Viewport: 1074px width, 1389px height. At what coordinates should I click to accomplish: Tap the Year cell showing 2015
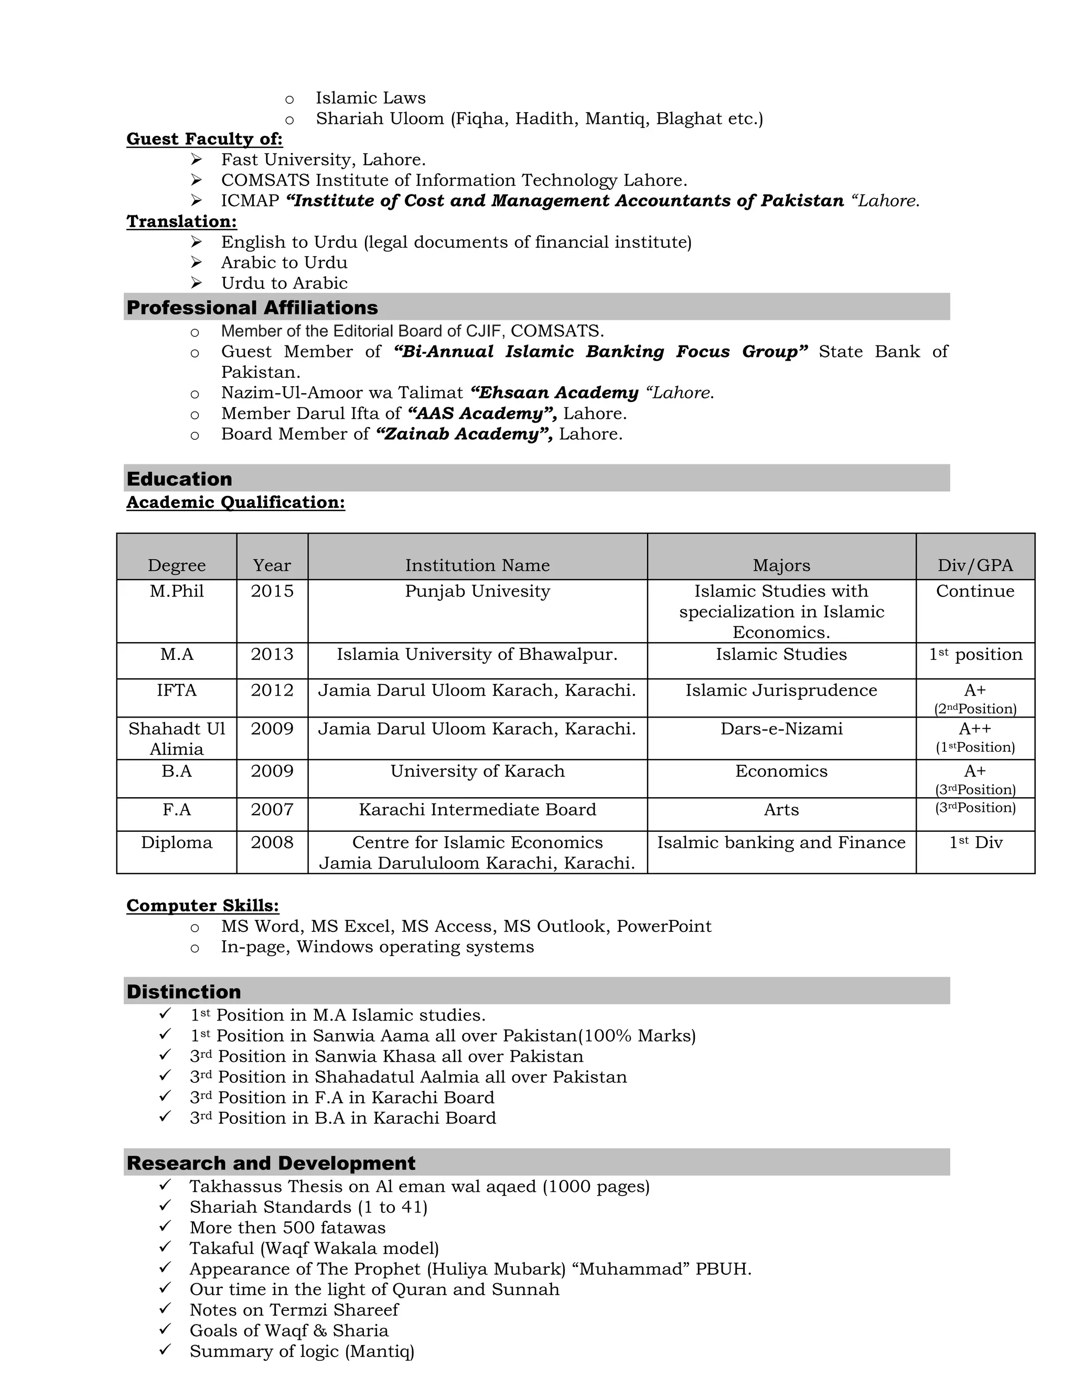[272, 591]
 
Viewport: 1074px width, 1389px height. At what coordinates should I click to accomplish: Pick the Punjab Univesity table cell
[477, 591]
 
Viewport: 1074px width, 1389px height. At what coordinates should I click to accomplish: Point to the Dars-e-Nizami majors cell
[781, 729]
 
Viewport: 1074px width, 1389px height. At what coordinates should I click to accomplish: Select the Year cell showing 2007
[272, 810]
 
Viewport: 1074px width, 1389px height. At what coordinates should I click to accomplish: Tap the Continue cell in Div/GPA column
[975, 591]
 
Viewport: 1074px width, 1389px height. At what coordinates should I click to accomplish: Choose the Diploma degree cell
[176, 843]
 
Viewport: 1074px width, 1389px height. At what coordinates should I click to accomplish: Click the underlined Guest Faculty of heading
[204, 139]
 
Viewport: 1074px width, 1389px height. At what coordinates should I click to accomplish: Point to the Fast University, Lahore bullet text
[323, 160]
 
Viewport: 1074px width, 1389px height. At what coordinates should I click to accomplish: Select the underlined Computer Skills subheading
[202, 906]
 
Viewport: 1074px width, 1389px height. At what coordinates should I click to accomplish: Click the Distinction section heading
[184, 992]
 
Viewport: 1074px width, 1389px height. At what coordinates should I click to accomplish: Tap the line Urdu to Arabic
[284, 283]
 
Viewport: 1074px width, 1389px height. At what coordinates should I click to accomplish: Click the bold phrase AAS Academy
[481, 414]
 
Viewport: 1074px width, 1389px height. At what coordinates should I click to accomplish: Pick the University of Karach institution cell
[477, 772]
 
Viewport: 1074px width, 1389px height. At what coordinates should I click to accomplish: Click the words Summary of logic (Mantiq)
[302, 1351]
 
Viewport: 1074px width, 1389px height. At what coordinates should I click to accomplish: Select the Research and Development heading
[271, 1163]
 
